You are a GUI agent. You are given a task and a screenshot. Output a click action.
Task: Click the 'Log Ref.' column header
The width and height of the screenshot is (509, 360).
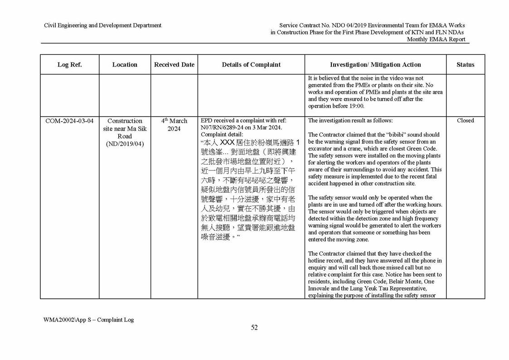69,64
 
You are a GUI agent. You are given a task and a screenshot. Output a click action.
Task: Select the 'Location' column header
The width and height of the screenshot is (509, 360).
125,64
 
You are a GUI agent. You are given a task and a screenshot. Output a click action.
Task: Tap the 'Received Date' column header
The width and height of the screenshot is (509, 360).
174,64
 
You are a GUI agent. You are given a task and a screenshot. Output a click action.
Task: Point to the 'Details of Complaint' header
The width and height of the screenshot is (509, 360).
251,64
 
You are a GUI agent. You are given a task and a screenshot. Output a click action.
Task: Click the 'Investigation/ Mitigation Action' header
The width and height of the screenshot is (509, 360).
375,64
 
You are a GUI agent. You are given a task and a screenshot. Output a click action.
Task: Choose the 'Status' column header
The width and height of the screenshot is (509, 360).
465,64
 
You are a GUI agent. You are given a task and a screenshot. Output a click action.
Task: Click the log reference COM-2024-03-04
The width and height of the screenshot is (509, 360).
69,121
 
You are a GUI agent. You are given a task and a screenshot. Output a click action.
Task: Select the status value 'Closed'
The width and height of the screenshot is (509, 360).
465,121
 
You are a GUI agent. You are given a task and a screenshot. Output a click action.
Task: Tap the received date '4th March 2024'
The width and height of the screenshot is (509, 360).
174,125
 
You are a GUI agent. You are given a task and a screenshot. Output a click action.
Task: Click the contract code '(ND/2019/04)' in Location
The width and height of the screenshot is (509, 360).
125,144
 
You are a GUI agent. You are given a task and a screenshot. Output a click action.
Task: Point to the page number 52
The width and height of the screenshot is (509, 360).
254,328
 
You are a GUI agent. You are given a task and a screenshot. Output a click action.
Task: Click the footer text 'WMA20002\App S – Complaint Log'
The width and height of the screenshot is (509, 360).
88,320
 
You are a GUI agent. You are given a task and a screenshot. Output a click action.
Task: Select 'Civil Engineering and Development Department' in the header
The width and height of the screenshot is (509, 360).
102,25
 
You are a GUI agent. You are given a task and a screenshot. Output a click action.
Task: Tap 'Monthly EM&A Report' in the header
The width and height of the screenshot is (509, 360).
436,39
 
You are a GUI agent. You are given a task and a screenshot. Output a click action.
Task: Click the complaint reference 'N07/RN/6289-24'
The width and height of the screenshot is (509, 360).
220,128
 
